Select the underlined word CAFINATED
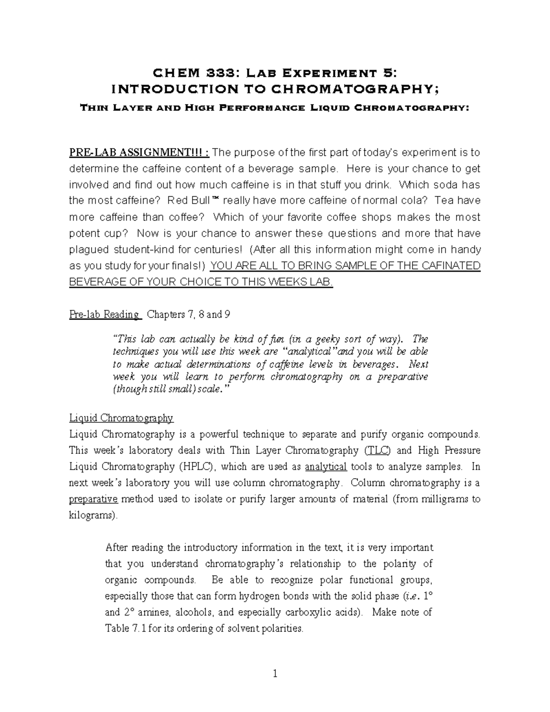tap(453, 266)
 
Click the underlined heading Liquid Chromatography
tap(121, 418)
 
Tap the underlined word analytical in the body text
tap(325, 467)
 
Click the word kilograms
tap(93, 515)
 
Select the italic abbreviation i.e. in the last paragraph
tap(407, 596)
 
